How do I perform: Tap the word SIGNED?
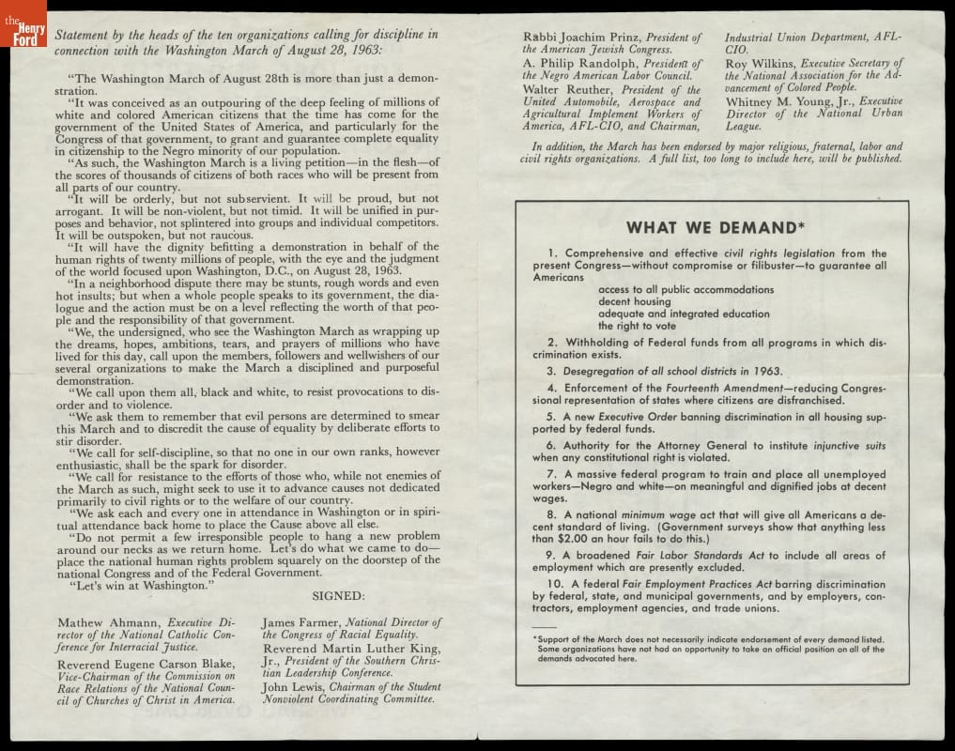point(338,595)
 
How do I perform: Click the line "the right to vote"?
point(637,326)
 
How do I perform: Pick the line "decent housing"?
point(634,301)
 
